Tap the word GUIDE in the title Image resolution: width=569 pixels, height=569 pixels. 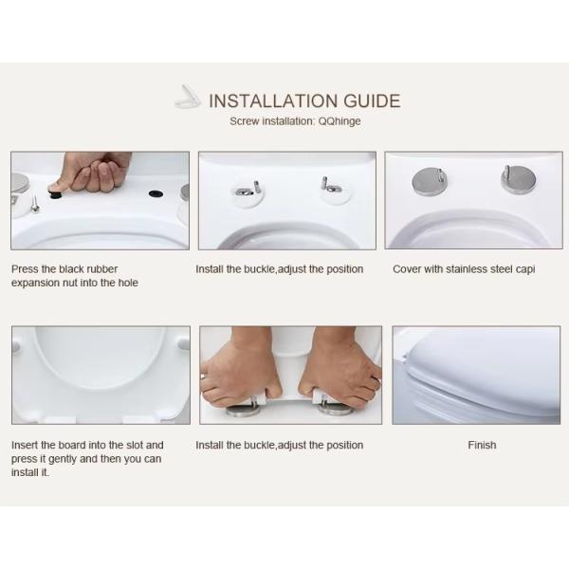pyautogui.click(x=372, y=101)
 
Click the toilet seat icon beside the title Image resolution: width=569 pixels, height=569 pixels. pyautogui.click(x=188, y=98)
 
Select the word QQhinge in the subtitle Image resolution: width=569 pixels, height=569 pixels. pyautogui.click(x=340, y=121)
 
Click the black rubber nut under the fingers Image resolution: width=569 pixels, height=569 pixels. pyautogui.click(x=55, y=194)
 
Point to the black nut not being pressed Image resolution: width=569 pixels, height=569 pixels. pyautogui.click(x=156, y=193)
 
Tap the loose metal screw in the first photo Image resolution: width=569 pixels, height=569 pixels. pyautogui.click(x=35, y=204)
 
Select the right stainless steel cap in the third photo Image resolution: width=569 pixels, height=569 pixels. pyautogui.click(x=518, y=178)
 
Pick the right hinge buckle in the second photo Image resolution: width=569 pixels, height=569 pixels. pyautogui.click(x=331, y=187)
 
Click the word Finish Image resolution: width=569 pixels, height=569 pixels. pyautogui.click(x=482, y=445)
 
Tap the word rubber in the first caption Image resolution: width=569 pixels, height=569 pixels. pyautogui.click(x=102, y=269)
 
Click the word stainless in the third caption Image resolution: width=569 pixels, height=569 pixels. pyautogui.click(x=467, y=269)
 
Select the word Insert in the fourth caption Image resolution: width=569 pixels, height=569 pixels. pyautogui.click(x=24, y=445)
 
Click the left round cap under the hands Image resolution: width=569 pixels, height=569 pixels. pyautogui.click(x=243, y=412)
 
